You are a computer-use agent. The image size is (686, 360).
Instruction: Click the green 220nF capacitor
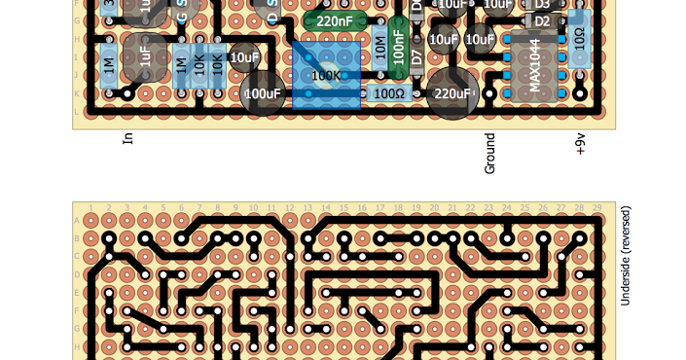tap(334, 19)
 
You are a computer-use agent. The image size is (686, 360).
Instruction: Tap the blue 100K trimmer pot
tap(325, 75)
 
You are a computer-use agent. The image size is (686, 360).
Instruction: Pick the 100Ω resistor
tap(389, 93)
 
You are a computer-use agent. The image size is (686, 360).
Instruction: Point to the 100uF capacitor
tap(262, 94)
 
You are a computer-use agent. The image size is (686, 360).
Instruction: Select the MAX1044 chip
tap(534, 66)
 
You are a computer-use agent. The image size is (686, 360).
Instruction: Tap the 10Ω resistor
tap(580, 40)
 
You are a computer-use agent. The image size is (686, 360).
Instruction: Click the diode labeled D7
tap(417, 55)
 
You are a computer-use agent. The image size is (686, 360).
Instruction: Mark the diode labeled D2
tap(542, 21)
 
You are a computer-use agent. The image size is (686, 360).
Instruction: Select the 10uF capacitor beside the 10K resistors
tap(244, 57)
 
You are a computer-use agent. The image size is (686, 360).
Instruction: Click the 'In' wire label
tap(127, 138)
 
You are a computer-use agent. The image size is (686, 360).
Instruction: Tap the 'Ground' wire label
tap(490, 154)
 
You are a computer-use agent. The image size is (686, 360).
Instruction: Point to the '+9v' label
tap(581, 145)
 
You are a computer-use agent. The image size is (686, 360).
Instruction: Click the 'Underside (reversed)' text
tap(626, 256)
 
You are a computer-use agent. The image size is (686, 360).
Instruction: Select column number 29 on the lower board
tap(596, 208)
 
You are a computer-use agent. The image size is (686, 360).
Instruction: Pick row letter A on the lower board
tap(78, 221)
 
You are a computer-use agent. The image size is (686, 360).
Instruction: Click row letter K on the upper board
tap(78, 93)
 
